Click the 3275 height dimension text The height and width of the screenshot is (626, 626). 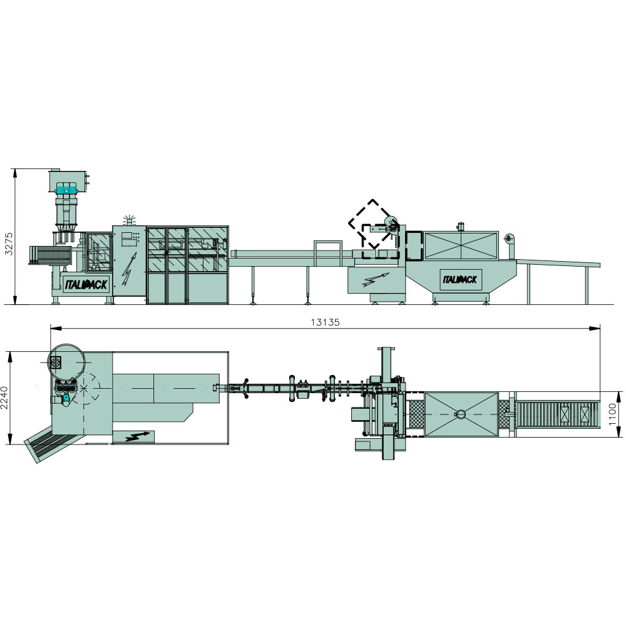(x=8, y=244)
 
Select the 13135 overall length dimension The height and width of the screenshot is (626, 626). (x=325, y=322)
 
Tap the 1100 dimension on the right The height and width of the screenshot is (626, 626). (x=613, y=414)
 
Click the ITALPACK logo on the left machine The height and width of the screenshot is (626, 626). (x=86, y=284)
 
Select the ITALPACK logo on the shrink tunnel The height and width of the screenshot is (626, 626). (x=460, y=279)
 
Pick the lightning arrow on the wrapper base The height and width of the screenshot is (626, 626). (x=376, y=279)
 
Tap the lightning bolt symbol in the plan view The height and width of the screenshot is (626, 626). (x=137, y=436)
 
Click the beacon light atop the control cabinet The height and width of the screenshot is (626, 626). (x=128, y=220)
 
